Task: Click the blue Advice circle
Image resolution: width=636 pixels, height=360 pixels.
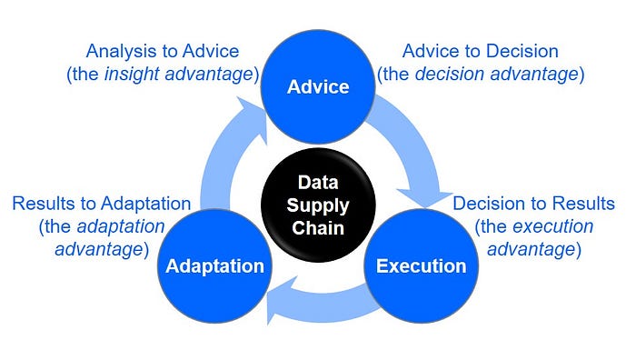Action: (318, 86)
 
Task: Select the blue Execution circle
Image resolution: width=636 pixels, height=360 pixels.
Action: (421, 265)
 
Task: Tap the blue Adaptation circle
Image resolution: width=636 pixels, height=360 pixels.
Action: (214, 265)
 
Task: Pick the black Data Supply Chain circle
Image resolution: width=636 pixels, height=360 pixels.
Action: (318, 205)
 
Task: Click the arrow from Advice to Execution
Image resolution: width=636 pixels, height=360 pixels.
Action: (418, 150)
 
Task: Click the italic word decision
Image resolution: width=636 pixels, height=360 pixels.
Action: (450, 74)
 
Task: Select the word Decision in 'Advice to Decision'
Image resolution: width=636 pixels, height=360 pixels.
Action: (522, 51)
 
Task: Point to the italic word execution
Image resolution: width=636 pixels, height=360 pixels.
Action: (552, 226)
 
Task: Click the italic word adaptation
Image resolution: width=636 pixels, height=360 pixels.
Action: (121, 227)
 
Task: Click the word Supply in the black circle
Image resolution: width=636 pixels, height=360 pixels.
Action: (318, 206)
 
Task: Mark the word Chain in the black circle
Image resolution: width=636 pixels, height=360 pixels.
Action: (318, 227)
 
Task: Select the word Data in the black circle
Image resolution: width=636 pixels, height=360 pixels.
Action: (318, 182)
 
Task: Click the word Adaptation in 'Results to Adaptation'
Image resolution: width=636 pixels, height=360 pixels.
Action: (146, 204)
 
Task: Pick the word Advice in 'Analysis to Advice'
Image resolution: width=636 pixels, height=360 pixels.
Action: (211, 51)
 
